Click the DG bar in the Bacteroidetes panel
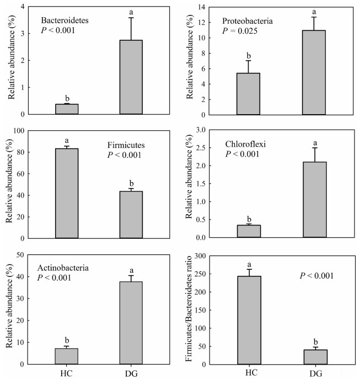(131, 77)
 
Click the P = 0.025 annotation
(241, 31)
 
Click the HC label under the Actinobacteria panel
(66, 373)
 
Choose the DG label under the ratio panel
(313, 373)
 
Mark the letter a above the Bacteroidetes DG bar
(131, 12)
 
